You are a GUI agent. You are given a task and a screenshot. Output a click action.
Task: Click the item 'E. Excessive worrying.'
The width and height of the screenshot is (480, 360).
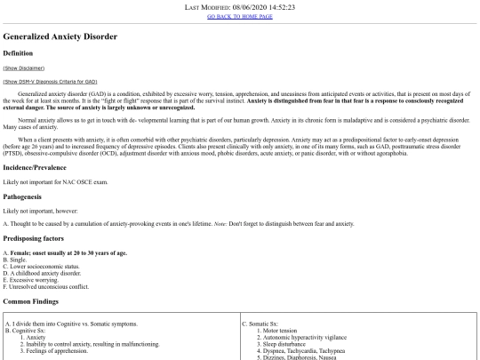pyautogui.click(x=34, y=283)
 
